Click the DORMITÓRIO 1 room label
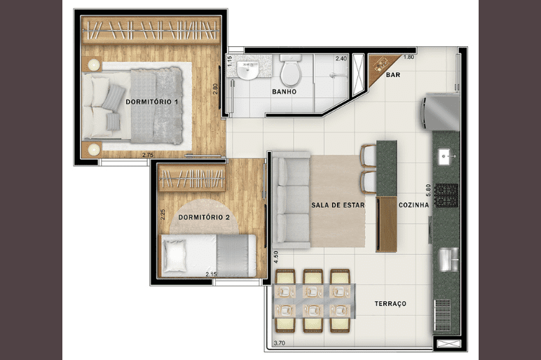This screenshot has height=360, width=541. pyautogui.click(x=152, y=102)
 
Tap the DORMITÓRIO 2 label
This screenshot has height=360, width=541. pyautogui.click(x=204, y=217)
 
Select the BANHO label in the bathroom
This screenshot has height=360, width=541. pyautogui.click(x=285, y=92)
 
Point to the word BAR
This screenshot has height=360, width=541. pyautogui.click(x=393, y=75)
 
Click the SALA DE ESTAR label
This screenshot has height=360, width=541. pyautogui.click(x=338, y=205)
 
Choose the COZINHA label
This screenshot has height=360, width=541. pyautogui.click(x=413, y=205)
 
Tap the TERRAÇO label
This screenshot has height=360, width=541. pyautogui.click(x=390, y=304)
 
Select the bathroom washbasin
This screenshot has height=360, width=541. pyautogui.click(x=247, y=70)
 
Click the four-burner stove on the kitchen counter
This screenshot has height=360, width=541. pyautogui.click(x=446, y=195)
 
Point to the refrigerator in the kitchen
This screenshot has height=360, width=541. pyautogui.click(x=440, y=111)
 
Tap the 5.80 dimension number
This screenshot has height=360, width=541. pyautogui.click(x=428, y=191)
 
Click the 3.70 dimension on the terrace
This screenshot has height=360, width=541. pyautogui.click(x=279, y=343)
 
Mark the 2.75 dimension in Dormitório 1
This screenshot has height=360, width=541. pyautogui.click(x=148, y=155)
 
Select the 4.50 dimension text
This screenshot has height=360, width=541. pyautogui.click(x=275, y=257)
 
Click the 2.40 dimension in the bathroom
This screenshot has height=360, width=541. pyautogui.click(x=341, y=59)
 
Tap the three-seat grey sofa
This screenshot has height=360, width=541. pyautogui.click(x=291, y=200)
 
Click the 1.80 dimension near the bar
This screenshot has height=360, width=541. pyautogui.click(x=409, y=57)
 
